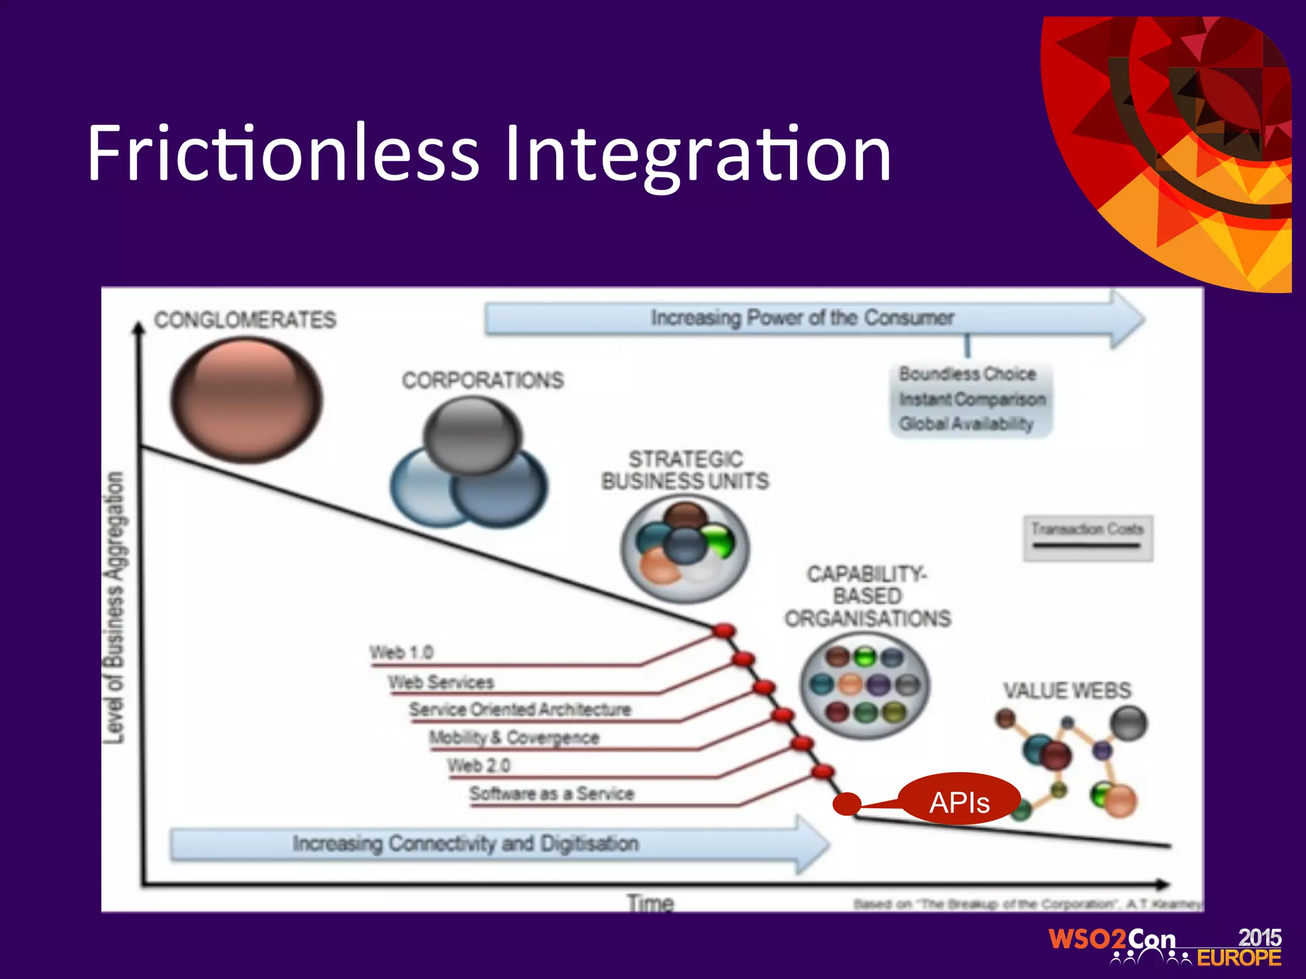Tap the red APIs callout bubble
pyautogui.click(x=959, y=801)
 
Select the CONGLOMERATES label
pyautogui.click(x=245, y=319)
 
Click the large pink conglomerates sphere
pyautogui.click(x=246, y=400)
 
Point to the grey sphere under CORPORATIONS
pyautogui.click(x=472, y=436)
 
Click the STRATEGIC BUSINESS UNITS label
pyautogui.click(x=685, y=470)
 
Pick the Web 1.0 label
pyautogui.click(x=401, y=653)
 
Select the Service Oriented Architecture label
pyautogui.click(x=520, y=709)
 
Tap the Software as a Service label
pyautogui.click(x=552, y=794)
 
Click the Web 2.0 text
pyautogui.click(x=478, y=765)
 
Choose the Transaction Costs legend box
pyautogui.click(x=1087, y=537)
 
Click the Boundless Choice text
pyautogui.click(x=967, y=373)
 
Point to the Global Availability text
pyautogui.click(x=965, y=424)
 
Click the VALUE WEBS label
pyautogui.click(x=1067, y=690)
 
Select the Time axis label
pyautogui.click(x=650, y=903)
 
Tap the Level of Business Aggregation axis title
pyautogui.click(x=114, y=607)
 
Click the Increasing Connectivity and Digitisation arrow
pyautogui.click(x=466, y=843)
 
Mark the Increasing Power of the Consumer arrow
pyautogui.click(x=802, y=317)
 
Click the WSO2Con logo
pyautogui.click(x=1164, y=947)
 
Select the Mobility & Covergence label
pyautogui.click(x=514, y=737)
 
